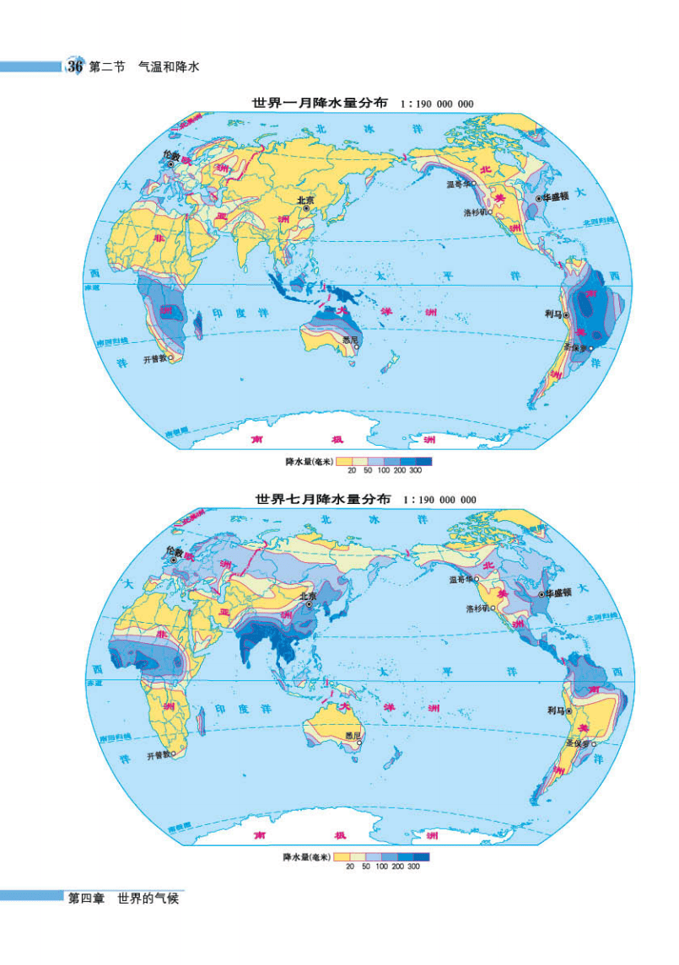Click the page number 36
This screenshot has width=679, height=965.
coord(74,67)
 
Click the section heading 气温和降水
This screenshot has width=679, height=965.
coord(168,67)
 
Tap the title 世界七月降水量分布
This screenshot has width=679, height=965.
coord(323,499)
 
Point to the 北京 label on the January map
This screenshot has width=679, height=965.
coord(304,200)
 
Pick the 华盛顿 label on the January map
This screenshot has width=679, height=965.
coord(558,197)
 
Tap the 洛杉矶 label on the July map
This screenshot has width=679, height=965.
coord(477,608)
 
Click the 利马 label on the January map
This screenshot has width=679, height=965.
coord(553,314)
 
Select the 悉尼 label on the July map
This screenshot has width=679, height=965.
coord(352,736)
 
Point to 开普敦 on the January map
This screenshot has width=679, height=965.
coord(155,358)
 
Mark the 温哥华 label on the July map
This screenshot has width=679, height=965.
coord(461,579)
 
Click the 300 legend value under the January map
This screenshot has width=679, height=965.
coord(415,470)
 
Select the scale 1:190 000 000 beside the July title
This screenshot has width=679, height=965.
coord(439,500)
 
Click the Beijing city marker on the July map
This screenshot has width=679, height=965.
coord(312,604)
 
